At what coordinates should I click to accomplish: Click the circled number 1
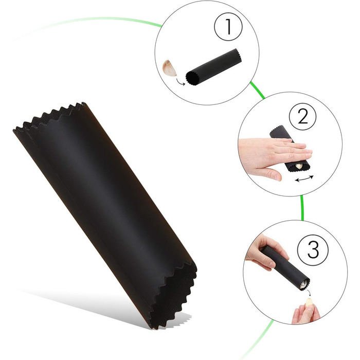click(x=228, y=26)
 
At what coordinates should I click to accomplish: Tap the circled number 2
click(x=302, y=116)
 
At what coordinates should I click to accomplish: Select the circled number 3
click(x=313, y=249)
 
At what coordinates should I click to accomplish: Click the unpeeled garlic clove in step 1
click(x=169, y=68)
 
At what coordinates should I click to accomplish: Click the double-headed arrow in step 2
click(x=304, y=178)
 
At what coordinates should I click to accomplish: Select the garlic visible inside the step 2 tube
click(x=299, y=166)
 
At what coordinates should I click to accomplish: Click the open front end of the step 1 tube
click(x=193, y=78)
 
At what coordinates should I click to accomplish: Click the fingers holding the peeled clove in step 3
click(x=305, y=312)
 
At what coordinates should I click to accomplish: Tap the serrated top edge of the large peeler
click(x=49, y=116)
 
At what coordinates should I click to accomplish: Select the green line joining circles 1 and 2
click(x=257, y=90)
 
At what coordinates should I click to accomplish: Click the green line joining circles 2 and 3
click(x=302, y=208)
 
